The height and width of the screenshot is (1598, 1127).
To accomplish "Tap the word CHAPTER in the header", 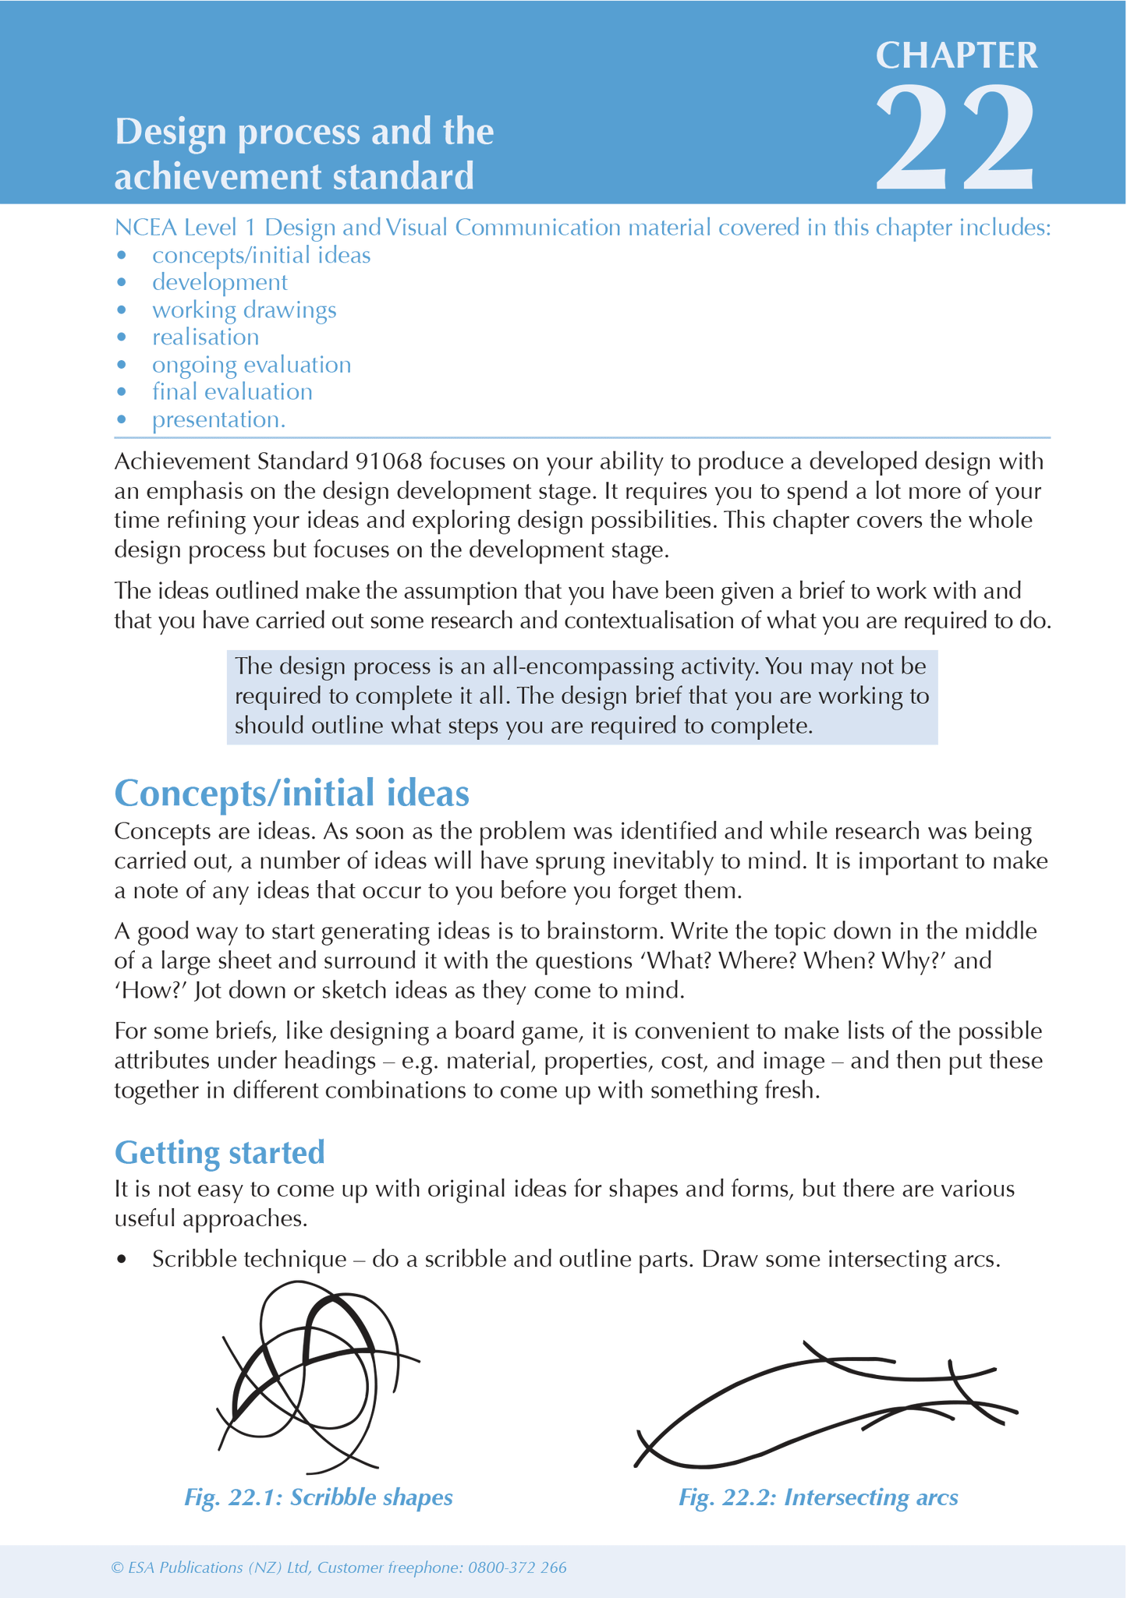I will [956, 55].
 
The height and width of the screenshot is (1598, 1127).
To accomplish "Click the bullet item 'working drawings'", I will [244, 310].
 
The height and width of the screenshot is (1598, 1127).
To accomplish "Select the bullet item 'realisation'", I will [205, 338].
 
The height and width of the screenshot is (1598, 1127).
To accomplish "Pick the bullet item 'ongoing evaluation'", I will [251, 365].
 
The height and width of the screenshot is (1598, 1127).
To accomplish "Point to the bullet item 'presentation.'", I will [218, 419].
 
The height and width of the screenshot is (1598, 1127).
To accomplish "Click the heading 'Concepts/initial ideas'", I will [292, 793].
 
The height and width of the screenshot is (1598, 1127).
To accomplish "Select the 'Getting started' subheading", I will [219, 1152].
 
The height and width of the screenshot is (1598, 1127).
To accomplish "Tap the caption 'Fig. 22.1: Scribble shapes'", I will [318, 1497].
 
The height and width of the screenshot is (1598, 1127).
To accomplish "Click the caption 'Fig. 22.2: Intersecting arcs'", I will [818, 1497].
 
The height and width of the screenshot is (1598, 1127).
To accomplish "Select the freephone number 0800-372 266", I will [517, 1568].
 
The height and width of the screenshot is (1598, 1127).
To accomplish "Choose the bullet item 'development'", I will [219, 283].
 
